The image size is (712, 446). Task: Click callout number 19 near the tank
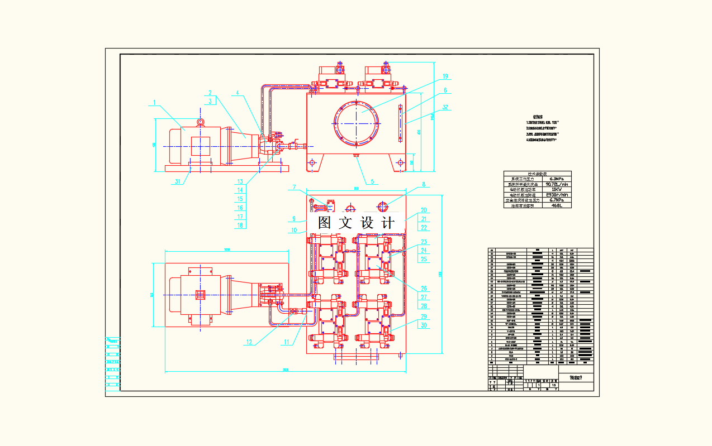[445, 76]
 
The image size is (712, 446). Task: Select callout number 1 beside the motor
[154, 103]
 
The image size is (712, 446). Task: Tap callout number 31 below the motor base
[178, 181]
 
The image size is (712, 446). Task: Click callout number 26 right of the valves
[424, 289]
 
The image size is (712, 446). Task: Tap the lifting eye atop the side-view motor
[201, 122]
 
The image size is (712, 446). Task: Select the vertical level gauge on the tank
[400, 121]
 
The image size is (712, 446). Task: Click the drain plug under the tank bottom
[356, 156]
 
